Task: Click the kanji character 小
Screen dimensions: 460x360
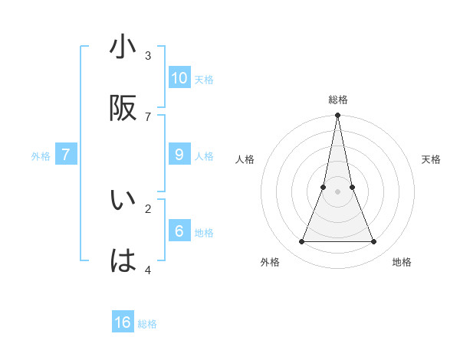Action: pyautogui.click(x=123, y=48)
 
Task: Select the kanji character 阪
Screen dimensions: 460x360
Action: pyautogui.click(x=123, y=109)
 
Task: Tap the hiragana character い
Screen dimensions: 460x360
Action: pyautogui.click(x=123, y=201)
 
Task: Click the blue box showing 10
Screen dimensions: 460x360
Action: pyautogui.click(x=179, y=78)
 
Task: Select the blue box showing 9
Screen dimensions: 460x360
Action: pyautogui.click(x=179, y=155)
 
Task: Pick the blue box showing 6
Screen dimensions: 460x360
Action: pyautogui.click(x=179, y=231)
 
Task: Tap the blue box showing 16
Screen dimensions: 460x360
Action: pyautogui.click(x=123, y=322)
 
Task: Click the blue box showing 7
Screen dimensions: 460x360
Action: pyautogui.click(x=66, y=155)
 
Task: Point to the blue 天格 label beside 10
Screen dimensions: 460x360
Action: pyautogui.click(x=204, y=80)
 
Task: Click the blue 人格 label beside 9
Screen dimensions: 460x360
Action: pyautogui.click(x=204, y=156)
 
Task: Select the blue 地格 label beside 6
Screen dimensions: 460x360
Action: pyautogui.click(x=204, y=233)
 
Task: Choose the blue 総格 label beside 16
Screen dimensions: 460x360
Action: pyautogui.click(x=147, y=324)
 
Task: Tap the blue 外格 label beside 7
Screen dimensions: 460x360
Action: pyautogui.click(x=41, y=156)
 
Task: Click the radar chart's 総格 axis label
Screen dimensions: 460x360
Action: pyautogui.click(x=338, y=100)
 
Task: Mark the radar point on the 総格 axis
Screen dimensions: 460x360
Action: pyautogui.click(x=338, y=116)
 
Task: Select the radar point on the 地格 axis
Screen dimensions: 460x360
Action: pyautogui.click(x=374, y=242)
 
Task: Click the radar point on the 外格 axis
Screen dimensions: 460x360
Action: pyautogui.click(x=301, y=242)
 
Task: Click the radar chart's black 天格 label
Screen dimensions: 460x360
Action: pyautogui.click(x=432, y=159)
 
